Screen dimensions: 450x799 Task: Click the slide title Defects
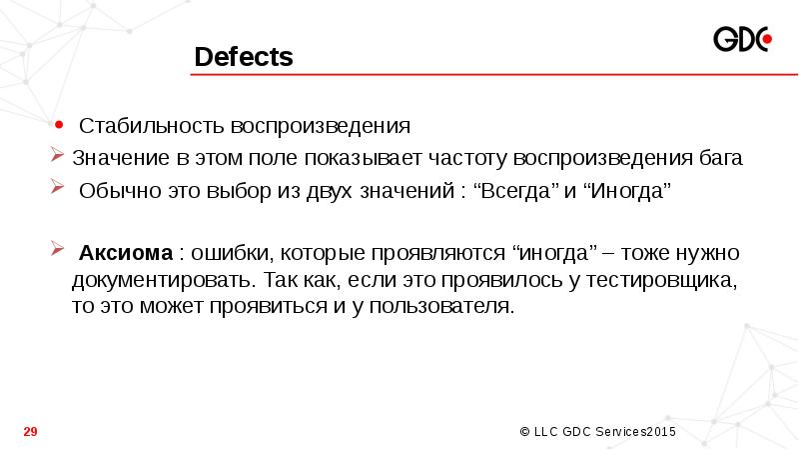coord(244,58)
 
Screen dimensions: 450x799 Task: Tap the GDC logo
coord(742,40)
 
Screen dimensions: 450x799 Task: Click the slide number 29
coord(30,431)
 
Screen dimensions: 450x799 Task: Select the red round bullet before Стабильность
coord(61,126)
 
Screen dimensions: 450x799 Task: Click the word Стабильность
coord(153,128)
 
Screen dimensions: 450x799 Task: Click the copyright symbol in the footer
coord(525,431)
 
